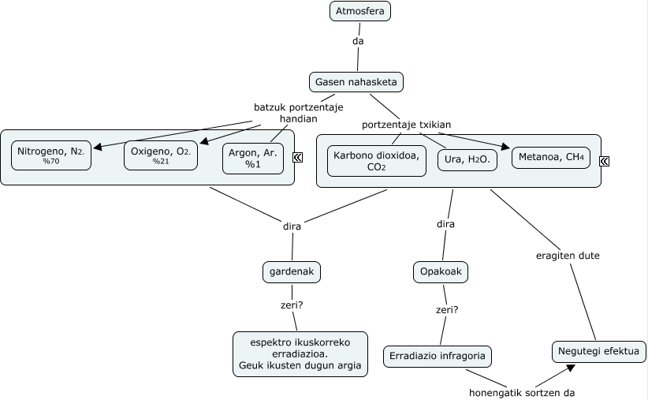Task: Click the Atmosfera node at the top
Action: point(360,11)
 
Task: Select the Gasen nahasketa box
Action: point(357,81)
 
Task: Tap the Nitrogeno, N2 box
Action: point(51,155)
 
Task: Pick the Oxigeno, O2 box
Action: point(161,155)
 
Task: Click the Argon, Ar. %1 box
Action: point(253,158)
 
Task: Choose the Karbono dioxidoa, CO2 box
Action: point(377,160)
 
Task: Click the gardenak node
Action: point(292,271)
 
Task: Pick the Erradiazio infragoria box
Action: point(438,356)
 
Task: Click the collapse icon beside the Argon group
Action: point(298,158)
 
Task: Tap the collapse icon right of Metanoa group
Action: point(604,161)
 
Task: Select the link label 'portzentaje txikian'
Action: point(406,125)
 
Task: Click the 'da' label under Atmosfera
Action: point(359,41)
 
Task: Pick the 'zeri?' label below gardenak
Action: point(292,304)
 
